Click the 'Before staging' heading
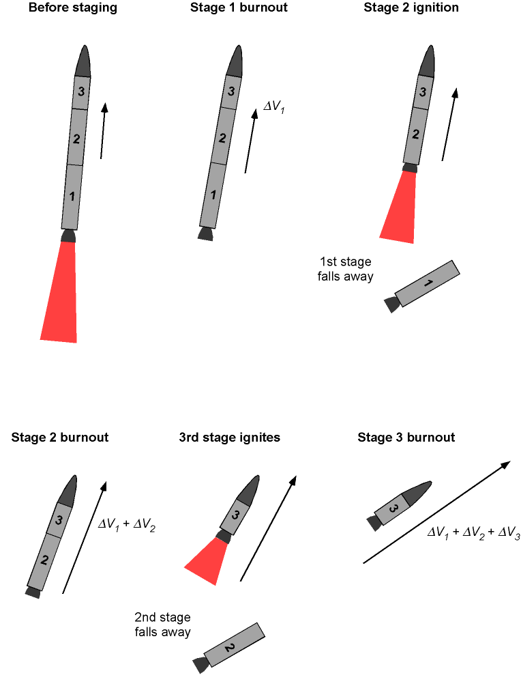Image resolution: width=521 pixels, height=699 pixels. [72, 8]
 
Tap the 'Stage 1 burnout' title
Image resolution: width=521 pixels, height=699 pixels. [239, 8]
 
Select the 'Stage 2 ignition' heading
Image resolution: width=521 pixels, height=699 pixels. [411, 8]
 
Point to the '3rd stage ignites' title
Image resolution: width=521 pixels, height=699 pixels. [229, 438]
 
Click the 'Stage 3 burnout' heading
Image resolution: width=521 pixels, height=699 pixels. [406, 438]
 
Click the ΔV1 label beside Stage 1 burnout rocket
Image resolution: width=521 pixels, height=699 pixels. [274, 106]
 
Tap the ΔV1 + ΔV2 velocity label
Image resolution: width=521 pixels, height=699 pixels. [126, 524]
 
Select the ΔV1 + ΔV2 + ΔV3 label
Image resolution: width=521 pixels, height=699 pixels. [473, 532]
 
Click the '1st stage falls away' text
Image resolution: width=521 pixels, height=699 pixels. [345, 269]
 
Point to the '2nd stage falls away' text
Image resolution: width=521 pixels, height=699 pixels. [162, 625]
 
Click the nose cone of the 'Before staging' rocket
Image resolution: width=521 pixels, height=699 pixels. [83, 61]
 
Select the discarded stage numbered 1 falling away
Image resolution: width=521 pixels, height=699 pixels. [422, 286]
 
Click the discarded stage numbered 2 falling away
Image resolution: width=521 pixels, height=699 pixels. [229, 648]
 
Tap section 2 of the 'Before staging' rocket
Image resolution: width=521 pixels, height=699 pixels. [76, 137]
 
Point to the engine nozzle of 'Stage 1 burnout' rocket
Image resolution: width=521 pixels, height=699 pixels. [206, 234]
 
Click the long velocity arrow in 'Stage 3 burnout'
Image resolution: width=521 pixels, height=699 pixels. [437, 513]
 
